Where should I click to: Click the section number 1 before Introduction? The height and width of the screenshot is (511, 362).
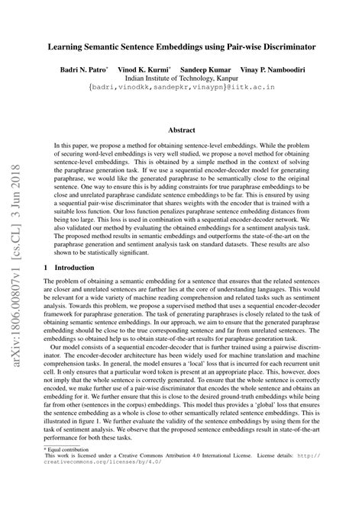point(47,268)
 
